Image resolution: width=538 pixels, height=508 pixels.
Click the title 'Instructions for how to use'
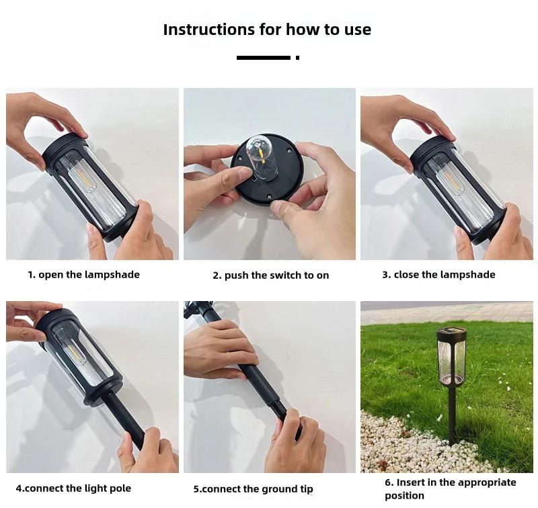[267, 30]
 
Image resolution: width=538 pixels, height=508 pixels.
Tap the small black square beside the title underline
[297, 58]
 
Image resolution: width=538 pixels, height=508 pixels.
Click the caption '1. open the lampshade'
[83, 275]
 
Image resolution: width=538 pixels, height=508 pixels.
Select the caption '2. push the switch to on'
[271, 276]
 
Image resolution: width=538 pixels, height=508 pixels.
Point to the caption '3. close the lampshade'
[439, 275]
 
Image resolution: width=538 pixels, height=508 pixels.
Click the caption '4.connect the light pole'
[73, 488]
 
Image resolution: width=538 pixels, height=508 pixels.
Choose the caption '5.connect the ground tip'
[254, 489]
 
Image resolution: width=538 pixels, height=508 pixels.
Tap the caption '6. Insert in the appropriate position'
[451, 489]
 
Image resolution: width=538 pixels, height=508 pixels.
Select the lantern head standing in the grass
[451, 356]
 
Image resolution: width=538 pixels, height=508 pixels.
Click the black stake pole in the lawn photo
[453, 414]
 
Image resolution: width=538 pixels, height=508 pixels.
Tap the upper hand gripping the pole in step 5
[220, 349]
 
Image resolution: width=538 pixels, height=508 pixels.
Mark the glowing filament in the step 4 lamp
[74, 354]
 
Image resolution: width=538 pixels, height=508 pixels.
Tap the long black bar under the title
[264, 58]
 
